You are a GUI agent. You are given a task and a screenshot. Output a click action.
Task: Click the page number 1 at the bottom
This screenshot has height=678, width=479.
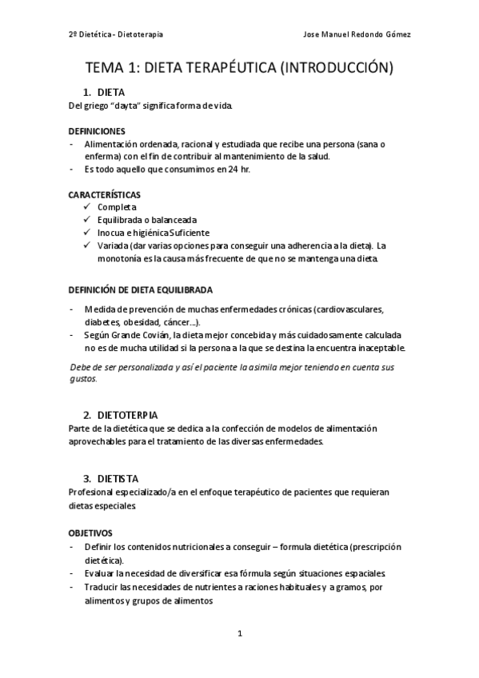coord(239,634)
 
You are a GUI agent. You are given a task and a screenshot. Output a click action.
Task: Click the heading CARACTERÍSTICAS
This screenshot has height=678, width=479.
coord(104,194)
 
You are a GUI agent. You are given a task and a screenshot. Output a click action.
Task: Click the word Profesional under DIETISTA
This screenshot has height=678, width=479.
coord(93,493)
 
